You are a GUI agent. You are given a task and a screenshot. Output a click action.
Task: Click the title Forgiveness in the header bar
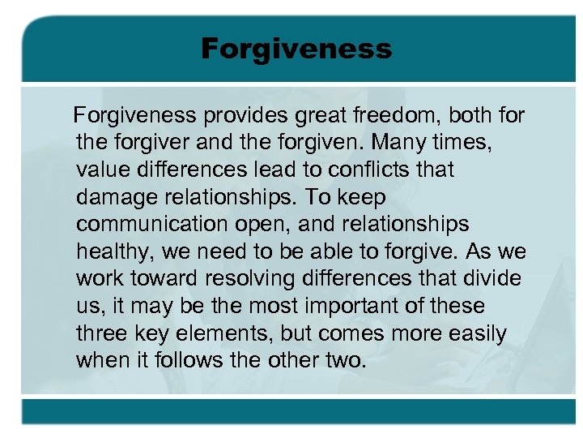pos(296,49)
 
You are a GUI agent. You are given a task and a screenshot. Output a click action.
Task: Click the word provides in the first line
pos(245,116)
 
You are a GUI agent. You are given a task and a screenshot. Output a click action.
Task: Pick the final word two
pos(347,361)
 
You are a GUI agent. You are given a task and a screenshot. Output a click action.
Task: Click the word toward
pos(167,279)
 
